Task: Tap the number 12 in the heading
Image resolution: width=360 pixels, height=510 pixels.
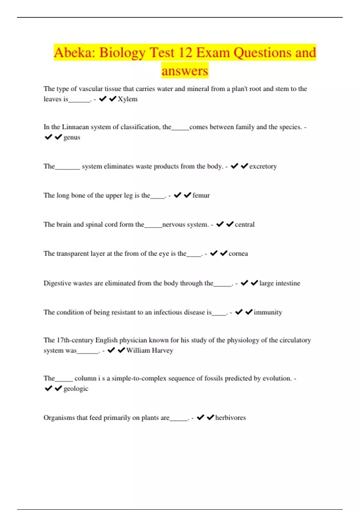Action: pyautogui.click(x=185, y=53)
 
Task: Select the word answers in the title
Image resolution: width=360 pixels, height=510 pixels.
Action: pyautogui.click(x=185, y=71)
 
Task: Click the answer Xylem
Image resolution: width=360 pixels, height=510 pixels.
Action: pyautogui.click(x=127, y=99)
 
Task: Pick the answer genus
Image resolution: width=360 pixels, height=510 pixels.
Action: pyautogui.click(x=72, y=137)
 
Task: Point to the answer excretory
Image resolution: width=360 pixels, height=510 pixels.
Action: pyautogui.click(x=263, y=166)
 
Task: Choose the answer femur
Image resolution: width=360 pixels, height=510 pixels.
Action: pyautogui.click(x=201, y=196)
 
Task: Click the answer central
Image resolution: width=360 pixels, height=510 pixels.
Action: pyautogui.click(x=244, y=225)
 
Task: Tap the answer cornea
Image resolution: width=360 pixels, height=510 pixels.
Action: pyautogui.click(x=238, y=254)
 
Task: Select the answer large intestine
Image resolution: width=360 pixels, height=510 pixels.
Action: pyautogui.click(x=280, y=283)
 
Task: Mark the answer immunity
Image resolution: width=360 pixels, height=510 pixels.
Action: pyautogui.click(x=268, y=313)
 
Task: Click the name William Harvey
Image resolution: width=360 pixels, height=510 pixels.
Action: pyautogui.click(x=150, y=350)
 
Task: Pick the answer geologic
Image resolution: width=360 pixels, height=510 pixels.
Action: pyautogui.click(x=76, y=389)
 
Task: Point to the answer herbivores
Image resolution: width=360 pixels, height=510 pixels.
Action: pyautogui.click(x=230, y=418)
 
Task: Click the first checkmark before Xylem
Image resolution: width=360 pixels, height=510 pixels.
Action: pyautogui.click(x=103, y=99)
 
